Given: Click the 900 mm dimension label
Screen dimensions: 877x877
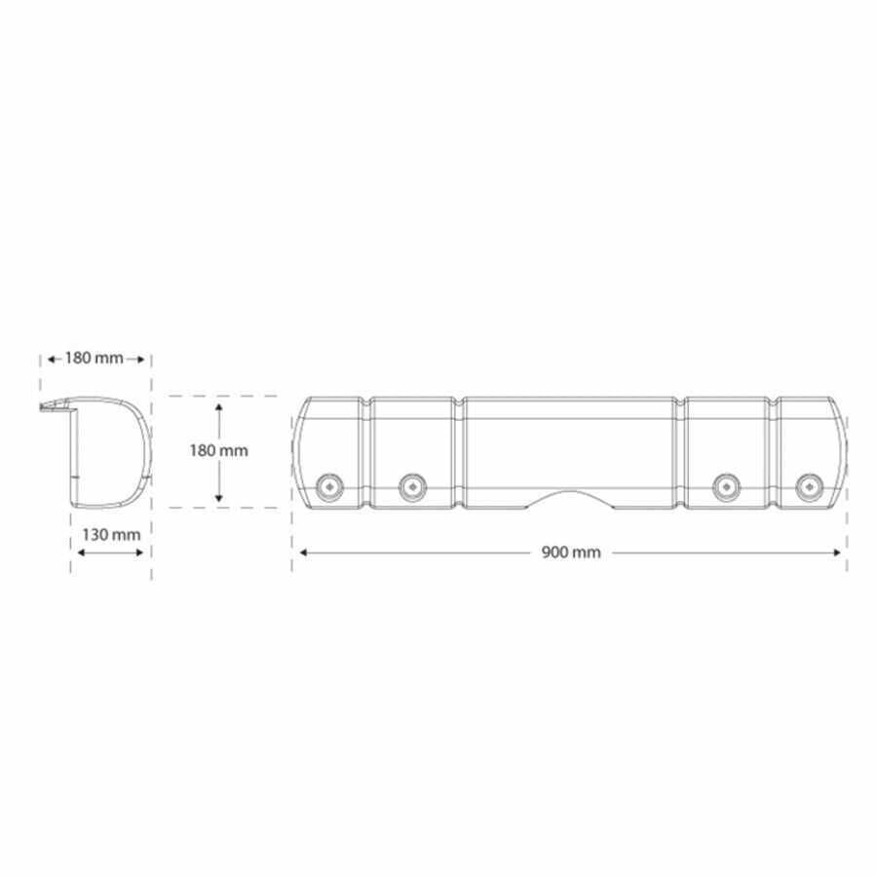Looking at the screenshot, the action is point(570,553).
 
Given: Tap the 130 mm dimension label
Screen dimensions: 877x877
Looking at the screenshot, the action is point(111,535).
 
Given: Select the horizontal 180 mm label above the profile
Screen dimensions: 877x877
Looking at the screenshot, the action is point(94,358).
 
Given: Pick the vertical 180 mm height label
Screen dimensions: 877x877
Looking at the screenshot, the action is point(218,450).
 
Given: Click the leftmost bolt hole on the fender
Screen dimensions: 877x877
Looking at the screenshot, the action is point(330,487).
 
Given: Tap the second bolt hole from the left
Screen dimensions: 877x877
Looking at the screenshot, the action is point(413,487).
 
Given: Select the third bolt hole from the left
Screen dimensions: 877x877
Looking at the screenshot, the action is point(726,487).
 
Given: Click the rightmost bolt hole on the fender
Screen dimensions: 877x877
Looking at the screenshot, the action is point(810,487).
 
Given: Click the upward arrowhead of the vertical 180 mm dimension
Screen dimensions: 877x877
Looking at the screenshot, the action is point(218,406).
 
